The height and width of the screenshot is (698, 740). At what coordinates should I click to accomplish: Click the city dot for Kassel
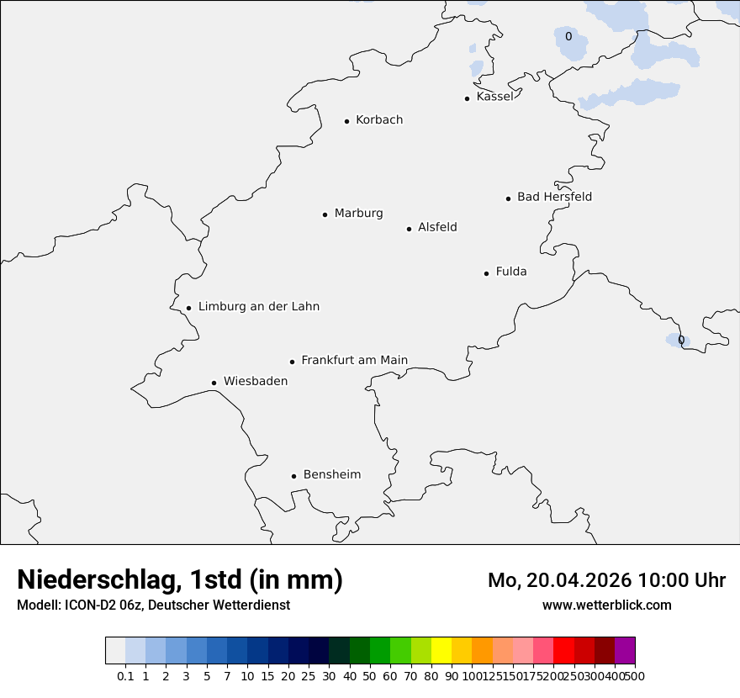(467, 98)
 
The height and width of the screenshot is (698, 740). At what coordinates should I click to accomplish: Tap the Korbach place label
(379, 120)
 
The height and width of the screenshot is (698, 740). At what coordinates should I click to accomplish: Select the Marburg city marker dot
(325, 214)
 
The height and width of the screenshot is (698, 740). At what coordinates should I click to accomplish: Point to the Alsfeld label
(437, 227)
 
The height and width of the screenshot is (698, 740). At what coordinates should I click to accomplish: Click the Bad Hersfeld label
(554, 197)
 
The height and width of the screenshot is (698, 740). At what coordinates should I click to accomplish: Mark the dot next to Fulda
(486, 273)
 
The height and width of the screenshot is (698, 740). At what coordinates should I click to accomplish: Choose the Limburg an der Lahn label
(259, 307)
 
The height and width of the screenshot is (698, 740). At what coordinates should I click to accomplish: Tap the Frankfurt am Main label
(354, 361)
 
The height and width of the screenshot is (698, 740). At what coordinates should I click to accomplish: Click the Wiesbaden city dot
(214, 383)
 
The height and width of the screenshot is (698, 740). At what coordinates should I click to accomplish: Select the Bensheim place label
(332, 475)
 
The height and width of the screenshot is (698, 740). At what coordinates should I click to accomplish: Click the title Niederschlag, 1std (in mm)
(180, 580)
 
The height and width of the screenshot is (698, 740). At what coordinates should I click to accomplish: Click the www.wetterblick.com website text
(607, 605)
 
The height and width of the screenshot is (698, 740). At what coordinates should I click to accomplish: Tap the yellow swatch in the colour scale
(441, 651)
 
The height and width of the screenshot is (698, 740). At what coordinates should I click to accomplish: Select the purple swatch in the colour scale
(625, 651)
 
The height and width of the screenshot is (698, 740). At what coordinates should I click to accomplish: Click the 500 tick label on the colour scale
(635, 676)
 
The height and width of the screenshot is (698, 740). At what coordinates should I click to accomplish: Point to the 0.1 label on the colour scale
(125, 676)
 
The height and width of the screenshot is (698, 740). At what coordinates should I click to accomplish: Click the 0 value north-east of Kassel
(568, 37)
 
